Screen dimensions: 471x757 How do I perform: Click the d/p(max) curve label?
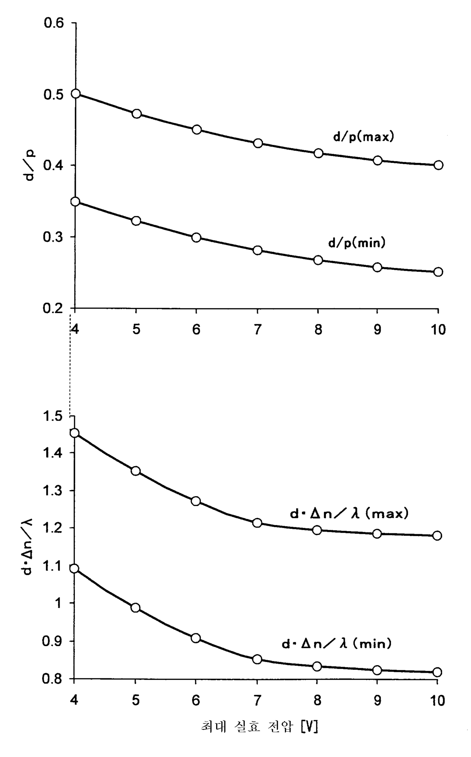(x=364, y=137)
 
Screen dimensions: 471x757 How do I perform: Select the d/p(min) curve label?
(x=357, y=243)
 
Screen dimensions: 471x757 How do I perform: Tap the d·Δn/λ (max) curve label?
(x=349, y=514)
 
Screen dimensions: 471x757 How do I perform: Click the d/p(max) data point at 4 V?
(x=76, y=94)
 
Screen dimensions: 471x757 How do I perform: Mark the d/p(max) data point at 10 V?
(x=438, y=165)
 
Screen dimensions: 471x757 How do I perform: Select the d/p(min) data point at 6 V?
(x=196, y=238)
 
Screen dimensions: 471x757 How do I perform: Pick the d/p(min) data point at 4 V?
(x=75, y=201)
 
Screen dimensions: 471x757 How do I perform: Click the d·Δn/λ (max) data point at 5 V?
(x=136, y=471)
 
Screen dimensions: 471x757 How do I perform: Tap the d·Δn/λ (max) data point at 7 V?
(x=257, y=523)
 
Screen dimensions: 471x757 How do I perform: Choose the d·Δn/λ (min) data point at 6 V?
(x=196, y=638)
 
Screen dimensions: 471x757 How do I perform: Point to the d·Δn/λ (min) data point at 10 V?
(x=437, y=672)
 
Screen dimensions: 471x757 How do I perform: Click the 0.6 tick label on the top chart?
(x=54, y=23)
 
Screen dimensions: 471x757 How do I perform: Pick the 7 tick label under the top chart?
(x=258, y=330)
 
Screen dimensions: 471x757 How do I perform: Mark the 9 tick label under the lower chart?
(x=377, y=700)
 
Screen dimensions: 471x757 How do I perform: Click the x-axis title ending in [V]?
(x=259, y=727)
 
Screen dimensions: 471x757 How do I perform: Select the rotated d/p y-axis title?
(x=30, y=164)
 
